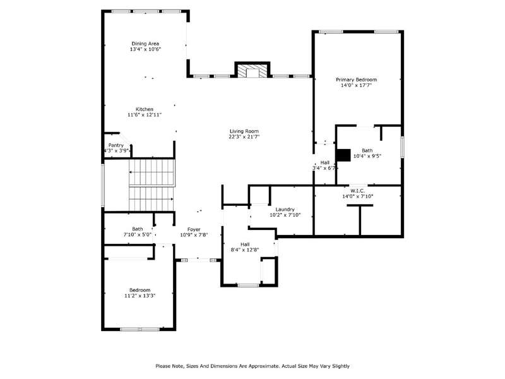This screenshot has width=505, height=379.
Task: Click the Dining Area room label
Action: pyautogui.click(x=145, y=44)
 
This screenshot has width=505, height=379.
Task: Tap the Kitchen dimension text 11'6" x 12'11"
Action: pyautogui.click(x=145, y=115)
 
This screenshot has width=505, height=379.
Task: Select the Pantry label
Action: pyautogui.click(x=116, y=145)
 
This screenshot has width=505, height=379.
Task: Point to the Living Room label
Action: pyautogui.click(x=244, y=131)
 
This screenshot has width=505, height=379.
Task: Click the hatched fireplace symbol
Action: pyautogui.click(x=252, y=71)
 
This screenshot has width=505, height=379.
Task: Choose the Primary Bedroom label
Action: pyautogui.click(x=356, y=80)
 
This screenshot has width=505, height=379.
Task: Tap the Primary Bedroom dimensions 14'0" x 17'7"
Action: pyautogui.click(x=356, y=85)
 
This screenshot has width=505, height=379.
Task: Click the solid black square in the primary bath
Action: pyautogui.click(x=343, y=155)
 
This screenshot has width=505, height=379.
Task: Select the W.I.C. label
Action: pyautogui.click(x=357, y=191)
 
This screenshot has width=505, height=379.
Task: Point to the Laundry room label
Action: pyautogui.click(x=285, y=210)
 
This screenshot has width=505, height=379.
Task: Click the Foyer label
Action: pyautogui.click(x=194, y=229)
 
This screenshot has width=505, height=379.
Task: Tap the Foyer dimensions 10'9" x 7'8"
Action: pyautogui.click(x=194, y=235)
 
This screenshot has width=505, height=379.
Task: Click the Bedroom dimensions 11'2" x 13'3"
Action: pyautogui.click(x=140, y=296)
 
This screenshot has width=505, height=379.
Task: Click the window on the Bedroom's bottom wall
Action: pyautogui.click(x=140, y=329)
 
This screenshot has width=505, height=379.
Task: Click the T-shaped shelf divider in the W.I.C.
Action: pyautogui.click(x=360, y=219)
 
